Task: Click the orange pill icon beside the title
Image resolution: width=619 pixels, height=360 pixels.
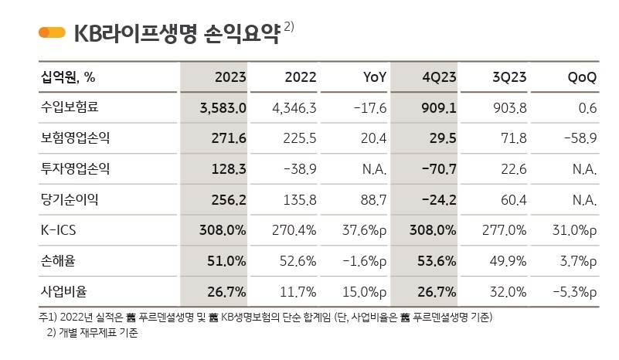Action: pos(52,32)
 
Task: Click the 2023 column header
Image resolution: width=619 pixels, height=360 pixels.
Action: pos(230,77)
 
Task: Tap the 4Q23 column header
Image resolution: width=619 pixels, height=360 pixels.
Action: pos(439,77)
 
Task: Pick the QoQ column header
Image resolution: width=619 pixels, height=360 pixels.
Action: pos(582,77)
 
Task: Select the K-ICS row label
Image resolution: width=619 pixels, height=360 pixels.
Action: pos(59,230)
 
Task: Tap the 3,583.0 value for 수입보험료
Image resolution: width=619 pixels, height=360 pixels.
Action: pos(223,108)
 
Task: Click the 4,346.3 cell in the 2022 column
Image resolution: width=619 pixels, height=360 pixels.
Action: pos(294,108)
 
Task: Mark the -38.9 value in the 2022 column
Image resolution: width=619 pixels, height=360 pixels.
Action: pos(300,169)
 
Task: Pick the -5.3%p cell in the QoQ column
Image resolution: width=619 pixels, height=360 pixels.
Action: pos(573,291)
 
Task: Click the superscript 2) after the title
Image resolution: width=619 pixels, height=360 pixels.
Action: pos(288,26)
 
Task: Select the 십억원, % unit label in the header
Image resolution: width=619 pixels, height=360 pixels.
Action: pos(67,77)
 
